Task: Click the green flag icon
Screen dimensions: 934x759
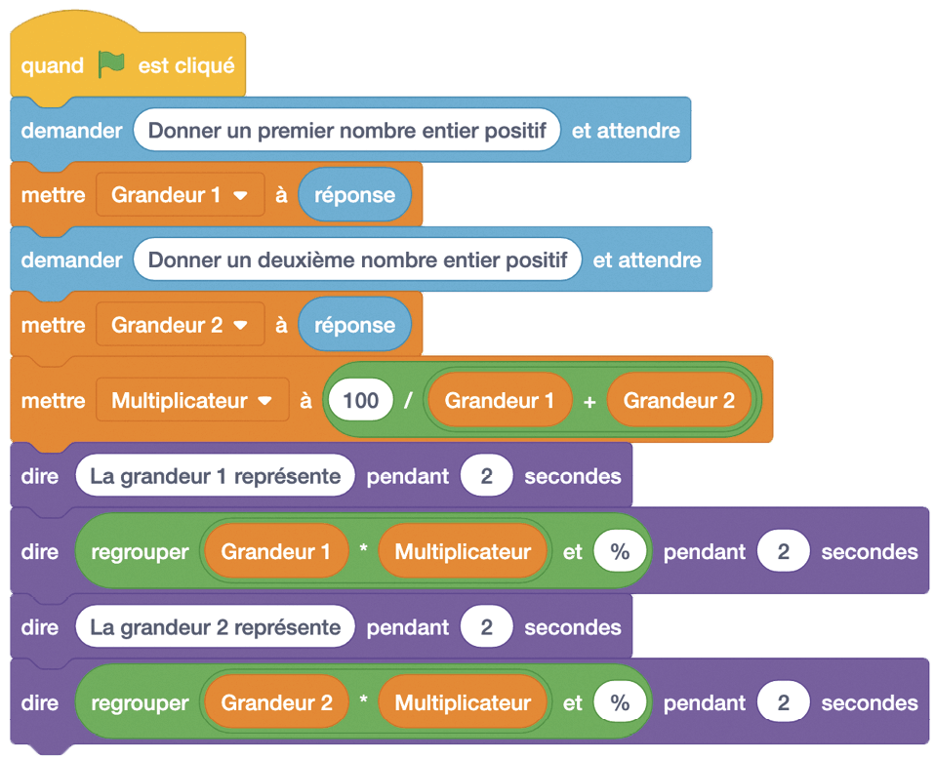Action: (x=111, y=65)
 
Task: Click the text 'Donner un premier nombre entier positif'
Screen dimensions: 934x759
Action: (x=346, y=130)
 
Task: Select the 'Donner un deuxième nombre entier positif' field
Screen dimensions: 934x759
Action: (x=357, y=260)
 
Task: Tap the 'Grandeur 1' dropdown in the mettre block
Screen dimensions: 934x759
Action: (x=180, y=195)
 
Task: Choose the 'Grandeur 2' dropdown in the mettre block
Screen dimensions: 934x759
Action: (x=180, y=326)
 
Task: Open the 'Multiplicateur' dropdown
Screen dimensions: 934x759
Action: (x=192, y=401)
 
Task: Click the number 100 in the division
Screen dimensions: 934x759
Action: (x=361, y=401)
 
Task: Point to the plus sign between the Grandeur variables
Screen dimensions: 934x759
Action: (x=589, y=401)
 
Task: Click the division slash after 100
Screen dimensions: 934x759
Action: (x=408, y=401)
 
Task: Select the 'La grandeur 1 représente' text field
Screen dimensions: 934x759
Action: (x=215, y=477)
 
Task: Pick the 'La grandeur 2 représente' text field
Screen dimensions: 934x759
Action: (x=215, y=627)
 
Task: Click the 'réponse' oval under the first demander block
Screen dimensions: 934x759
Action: (x=354, y=195)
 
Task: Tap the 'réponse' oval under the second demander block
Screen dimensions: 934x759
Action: (x=354, y=326)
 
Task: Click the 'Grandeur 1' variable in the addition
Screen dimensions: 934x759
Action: (x=499, y=401)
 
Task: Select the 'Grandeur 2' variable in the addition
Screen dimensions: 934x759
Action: (x=678, y=401)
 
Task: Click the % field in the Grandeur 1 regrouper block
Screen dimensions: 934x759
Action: (x=621, y=552)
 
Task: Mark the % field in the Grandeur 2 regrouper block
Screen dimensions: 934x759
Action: (x=621, y=702)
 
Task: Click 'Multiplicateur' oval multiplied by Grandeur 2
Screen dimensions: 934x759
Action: (x=463, y=702)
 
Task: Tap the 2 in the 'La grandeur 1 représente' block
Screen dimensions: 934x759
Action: (x=487, y=477)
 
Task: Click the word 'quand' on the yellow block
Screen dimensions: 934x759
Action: (x=53, y=66)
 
